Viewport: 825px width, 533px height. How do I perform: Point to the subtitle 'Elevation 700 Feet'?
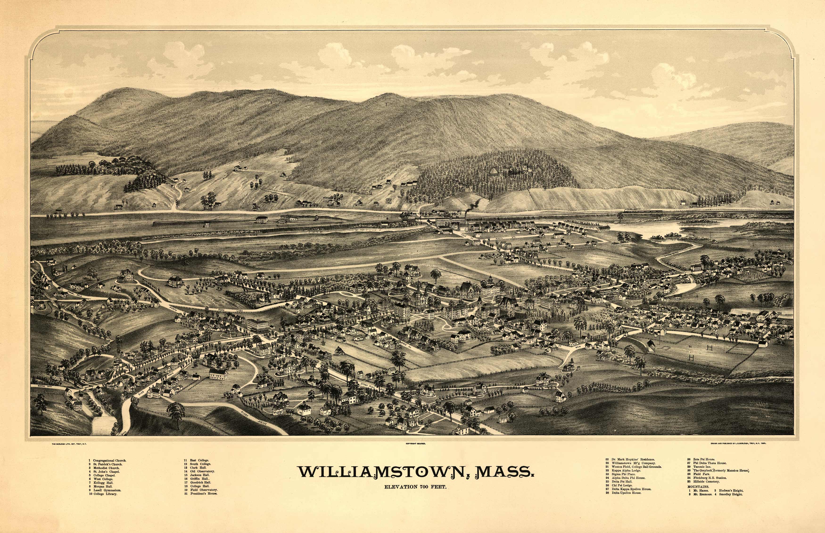coord(415,487)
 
